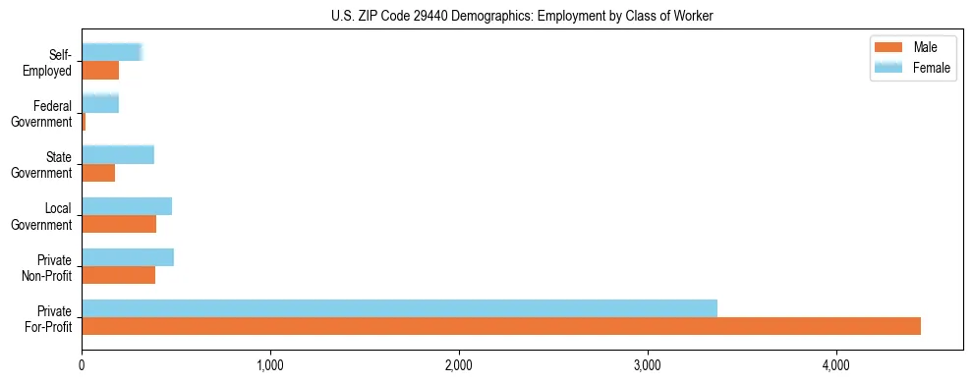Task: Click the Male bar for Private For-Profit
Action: (501, 326)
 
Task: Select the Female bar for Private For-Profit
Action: (399, 308)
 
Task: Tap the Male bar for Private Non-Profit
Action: (119, 275)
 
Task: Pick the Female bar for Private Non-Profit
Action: (128, 257)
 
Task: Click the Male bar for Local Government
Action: (119, 224)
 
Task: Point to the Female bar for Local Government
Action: (127, 206)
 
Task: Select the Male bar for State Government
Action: (98, 173)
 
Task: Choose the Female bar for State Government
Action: (118, 154)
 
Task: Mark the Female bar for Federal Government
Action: (100, 103)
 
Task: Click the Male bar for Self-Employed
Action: (100, 71)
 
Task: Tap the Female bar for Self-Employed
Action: (112, 52)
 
